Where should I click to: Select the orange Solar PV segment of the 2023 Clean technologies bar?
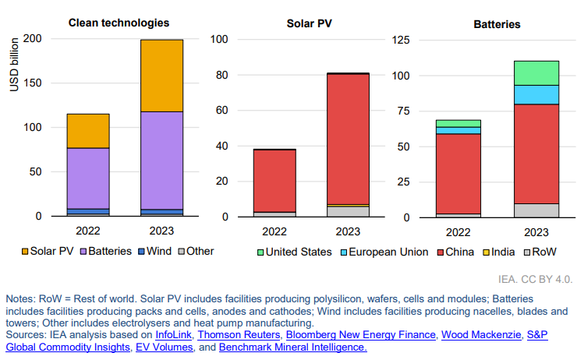162,75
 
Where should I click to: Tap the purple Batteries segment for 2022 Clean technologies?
88,178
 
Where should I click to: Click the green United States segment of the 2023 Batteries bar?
536,72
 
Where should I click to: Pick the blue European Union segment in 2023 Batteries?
536,94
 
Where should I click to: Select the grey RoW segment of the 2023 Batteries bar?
536,210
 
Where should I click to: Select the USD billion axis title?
15,64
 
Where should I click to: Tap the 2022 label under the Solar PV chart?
274,231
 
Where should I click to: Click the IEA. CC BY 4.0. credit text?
535,278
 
